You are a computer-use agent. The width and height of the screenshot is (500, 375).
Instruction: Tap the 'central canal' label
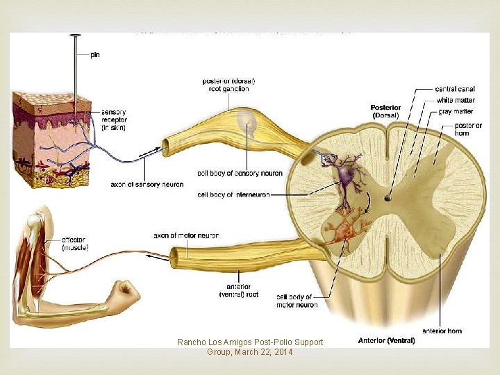tap(455, 89)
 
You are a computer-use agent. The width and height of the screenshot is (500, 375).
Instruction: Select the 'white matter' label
tap(456, 100)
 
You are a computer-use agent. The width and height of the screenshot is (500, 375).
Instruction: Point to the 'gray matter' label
tap(455, 111)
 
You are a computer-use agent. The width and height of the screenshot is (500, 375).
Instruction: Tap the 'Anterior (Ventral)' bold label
tap(386, 340)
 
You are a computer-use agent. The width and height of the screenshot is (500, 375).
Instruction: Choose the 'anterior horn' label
tap(442, 331)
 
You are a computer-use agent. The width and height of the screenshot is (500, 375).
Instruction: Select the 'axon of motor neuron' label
tap(186, 236)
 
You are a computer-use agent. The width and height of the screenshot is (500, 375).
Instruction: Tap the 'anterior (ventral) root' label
tap(242, 290)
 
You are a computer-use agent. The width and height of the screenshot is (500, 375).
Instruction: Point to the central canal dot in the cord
tap(387, 199)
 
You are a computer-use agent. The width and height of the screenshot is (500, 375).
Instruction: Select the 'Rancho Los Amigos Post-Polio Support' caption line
tap(250, 342)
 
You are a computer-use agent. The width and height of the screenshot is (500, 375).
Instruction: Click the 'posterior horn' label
tap(469, 129)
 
